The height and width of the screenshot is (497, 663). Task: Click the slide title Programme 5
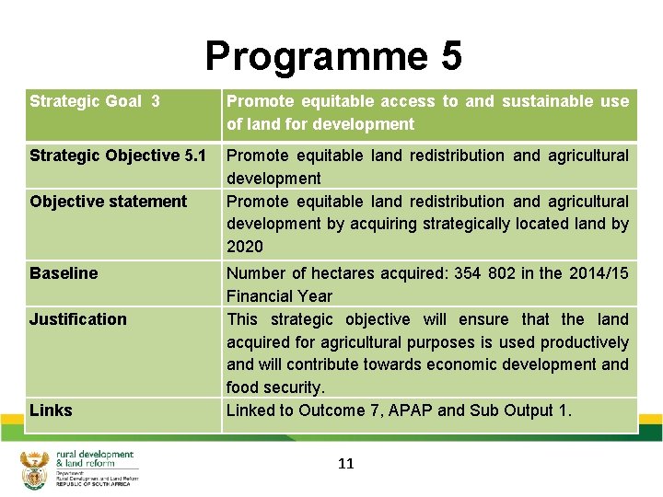click(x=332, y=55)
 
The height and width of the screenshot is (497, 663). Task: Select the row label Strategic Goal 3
click(x=95, y=101)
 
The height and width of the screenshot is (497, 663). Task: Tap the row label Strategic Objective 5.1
click(x=118, y=156)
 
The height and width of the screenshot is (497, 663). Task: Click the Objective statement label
click(x=108, y=202)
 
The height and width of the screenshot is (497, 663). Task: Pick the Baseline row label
click(x=63, y=273)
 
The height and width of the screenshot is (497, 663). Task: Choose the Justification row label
click(x=77, y=319)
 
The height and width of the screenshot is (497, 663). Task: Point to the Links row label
click(x=51, y=410)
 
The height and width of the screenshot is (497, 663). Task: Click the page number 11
click(x=345, y=464)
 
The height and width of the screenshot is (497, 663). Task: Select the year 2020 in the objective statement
click(x=244, y=247)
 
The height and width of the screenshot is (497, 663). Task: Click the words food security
click(x=274, y=387)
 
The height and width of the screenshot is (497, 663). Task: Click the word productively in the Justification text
click(x=584, y=342)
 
